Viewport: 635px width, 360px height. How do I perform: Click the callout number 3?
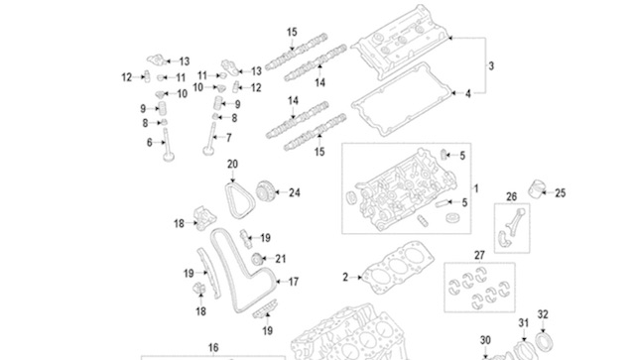click(491, 65)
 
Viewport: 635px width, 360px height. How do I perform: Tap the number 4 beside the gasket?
click(468, 94)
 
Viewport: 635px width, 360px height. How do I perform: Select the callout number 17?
click(294, 282)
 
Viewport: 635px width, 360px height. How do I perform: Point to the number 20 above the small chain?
click(232, 165)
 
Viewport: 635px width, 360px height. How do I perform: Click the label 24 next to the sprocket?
click(295, 192)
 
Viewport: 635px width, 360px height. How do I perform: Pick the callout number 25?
click(560, 193)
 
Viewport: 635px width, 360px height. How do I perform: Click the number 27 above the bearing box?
click(479, 256)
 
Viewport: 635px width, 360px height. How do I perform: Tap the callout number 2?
click(345, 278)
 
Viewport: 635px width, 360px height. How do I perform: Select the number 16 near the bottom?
click(213, 347)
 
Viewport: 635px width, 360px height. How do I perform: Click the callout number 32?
click(543, 314)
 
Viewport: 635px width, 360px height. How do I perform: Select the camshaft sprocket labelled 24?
click(267, 191)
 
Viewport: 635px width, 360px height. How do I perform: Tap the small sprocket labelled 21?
click(256, 259)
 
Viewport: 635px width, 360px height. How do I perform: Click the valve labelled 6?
click(168, 145)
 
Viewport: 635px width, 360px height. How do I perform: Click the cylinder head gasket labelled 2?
click(398, 267)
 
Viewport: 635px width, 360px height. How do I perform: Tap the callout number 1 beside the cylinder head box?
click(476, 188)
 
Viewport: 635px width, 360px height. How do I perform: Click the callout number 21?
click(281, 259)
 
